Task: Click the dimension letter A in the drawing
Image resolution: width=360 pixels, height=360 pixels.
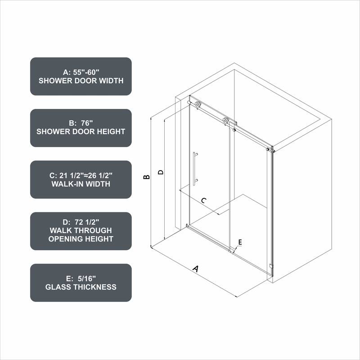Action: (x=196, y=269)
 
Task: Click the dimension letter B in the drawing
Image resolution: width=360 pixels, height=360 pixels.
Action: (x=146, y=178)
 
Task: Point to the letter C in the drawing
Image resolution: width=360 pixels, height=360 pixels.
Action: (x=203, y=201)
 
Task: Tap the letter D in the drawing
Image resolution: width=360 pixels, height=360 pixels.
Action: (x=159, y=172)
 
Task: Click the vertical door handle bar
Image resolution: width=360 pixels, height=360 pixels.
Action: (x=195, y=168)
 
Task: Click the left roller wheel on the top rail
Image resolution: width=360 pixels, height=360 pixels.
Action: (x=198, y=105)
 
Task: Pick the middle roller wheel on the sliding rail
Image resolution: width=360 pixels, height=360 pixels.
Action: (x=226, y=121)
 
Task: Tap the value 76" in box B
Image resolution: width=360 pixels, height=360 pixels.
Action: (x=88, y=122)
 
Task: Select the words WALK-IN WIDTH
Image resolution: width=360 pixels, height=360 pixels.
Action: (x=81, y=184)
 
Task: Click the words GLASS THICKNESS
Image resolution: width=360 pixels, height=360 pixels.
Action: (x=81, y=287)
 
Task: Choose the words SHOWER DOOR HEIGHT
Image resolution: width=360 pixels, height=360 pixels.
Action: (x=81, y=132)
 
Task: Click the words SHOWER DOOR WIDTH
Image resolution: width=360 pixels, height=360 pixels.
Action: (x=81, y=81)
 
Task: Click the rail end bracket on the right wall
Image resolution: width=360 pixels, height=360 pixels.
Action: (x=270, y=149)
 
